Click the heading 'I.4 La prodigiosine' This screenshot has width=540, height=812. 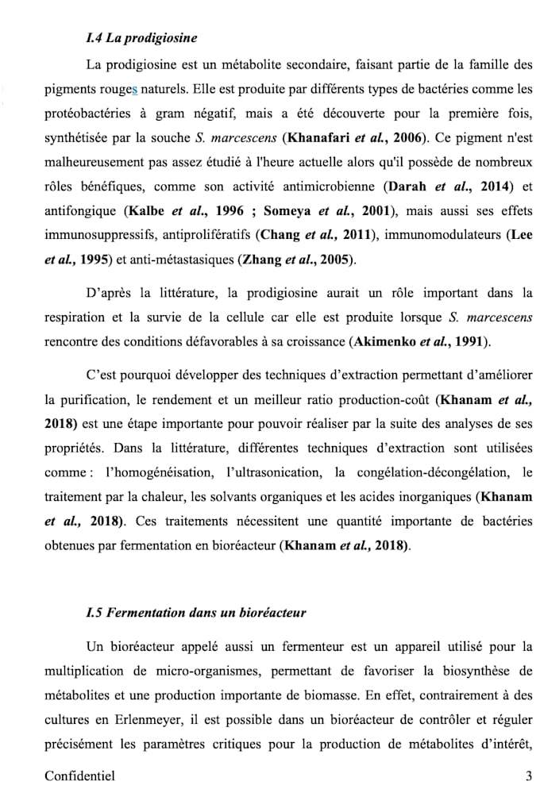[141, 38]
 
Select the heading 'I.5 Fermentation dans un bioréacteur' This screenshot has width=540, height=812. [195, 613]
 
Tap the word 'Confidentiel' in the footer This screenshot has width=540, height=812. [79, 776]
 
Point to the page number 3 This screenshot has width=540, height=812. [528, 776]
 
